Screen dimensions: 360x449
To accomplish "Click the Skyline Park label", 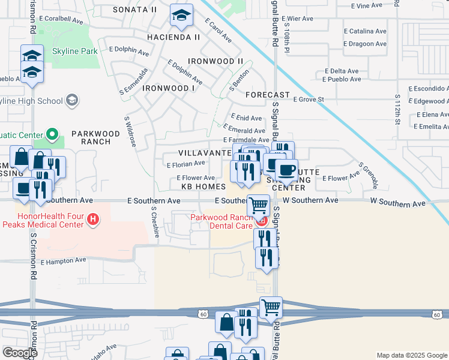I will click(74, 52).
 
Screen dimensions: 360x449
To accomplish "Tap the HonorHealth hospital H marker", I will click(92, 220).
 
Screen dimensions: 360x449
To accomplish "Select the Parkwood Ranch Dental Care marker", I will click(261, 221).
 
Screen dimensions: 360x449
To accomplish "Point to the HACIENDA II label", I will click(173, 37).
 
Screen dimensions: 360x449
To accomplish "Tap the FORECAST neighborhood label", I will click(267, 95).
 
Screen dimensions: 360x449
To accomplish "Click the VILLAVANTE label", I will click(205, 153).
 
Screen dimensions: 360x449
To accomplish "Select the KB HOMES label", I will click(203, 187).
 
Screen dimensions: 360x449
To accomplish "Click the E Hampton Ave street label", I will click(64, 262).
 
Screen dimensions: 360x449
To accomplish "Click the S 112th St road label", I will click(397, 109).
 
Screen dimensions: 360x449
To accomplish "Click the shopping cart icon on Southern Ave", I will click(258, 205).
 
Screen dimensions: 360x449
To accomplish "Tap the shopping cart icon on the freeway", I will click(271, 308).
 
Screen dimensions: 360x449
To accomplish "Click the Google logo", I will click(20, 353).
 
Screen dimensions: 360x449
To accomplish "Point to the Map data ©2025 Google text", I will click(412, 355).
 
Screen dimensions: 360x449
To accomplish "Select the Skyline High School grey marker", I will click(73, 100).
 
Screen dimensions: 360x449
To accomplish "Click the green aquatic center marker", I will click(52, 134).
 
